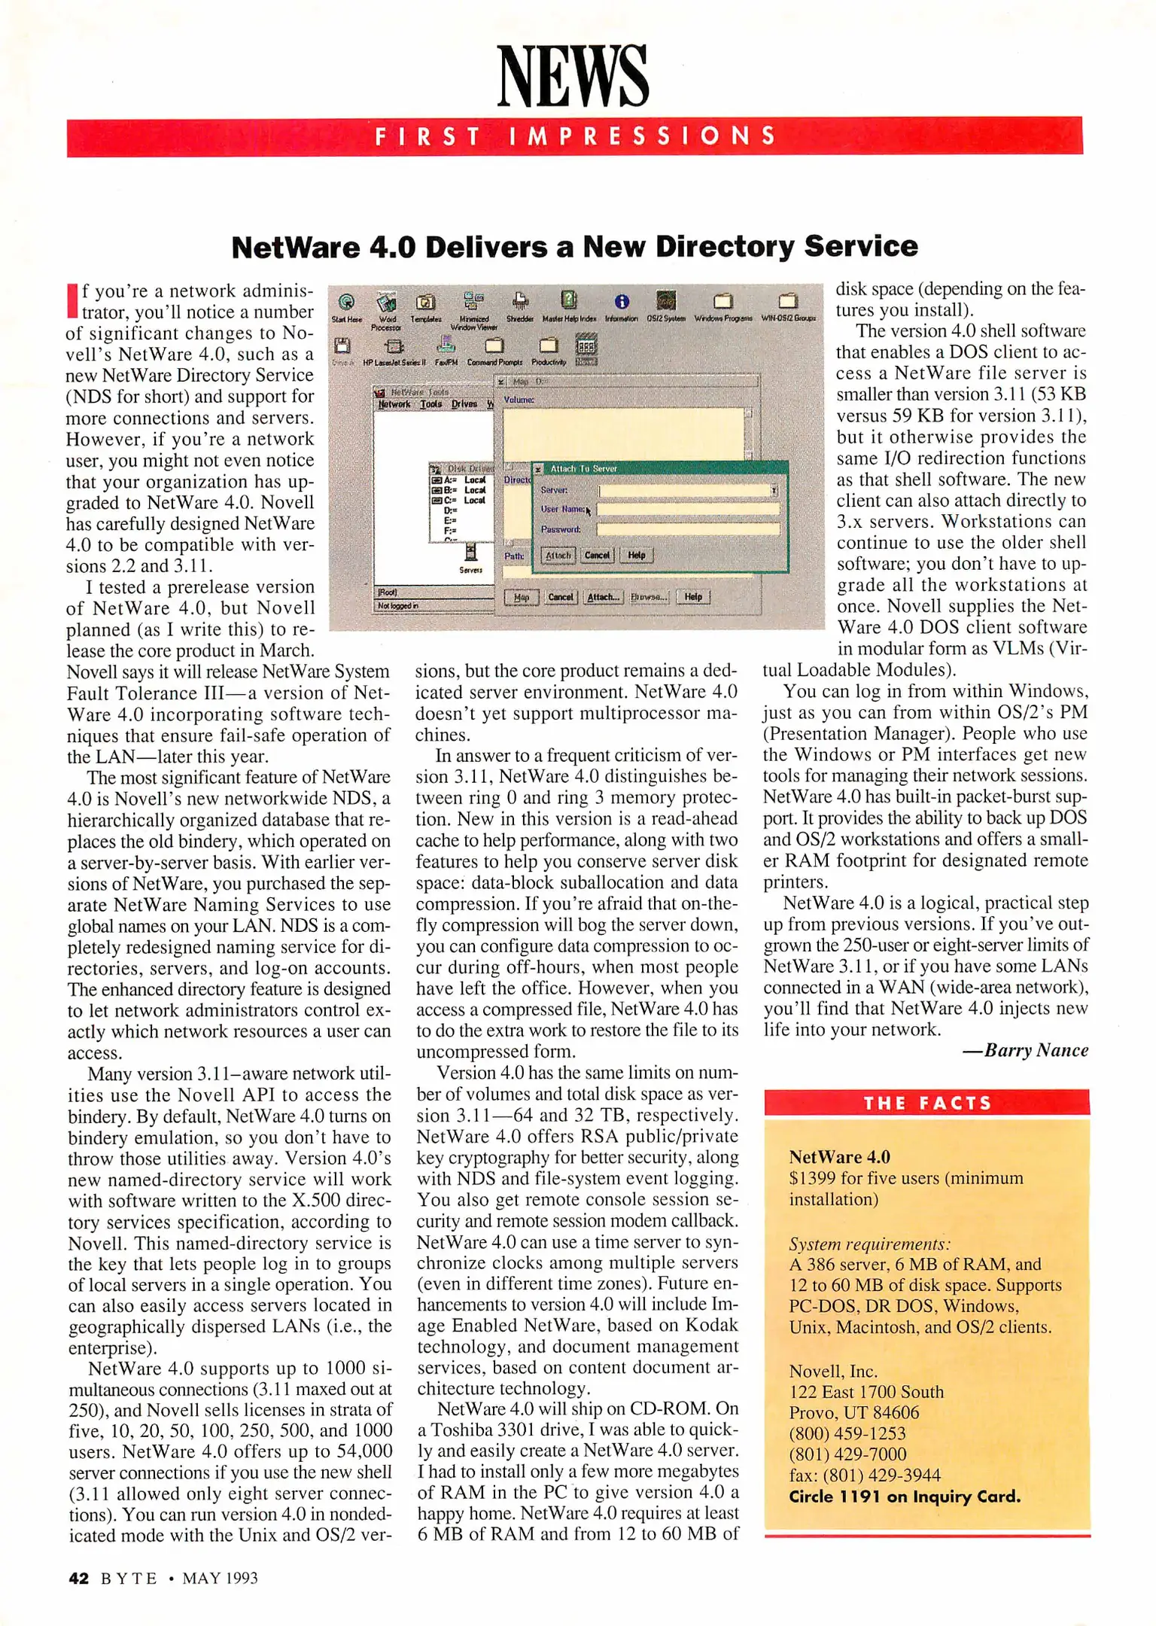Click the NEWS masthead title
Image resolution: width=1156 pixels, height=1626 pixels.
click(x=573, y=76)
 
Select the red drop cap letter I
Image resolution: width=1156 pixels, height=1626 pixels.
click(x=72, y=300)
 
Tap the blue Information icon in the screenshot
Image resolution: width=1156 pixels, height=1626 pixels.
click(x=622, y=303)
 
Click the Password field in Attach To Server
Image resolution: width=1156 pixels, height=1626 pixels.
click(x=688, y=529)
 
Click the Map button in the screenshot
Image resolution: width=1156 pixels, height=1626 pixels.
click(x=521, y=597)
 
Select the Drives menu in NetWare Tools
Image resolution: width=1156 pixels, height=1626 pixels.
click(x=464, y=404)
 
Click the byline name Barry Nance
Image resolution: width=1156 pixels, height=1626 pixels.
click(x=1036, y=1050)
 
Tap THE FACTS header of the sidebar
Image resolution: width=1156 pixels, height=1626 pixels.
click(x=927, y=1104)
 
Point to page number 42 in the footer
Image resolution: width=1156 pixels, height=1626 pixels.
click(x=78, y=1579)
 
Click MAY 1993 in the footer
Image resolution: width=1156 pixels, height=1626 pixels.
click(x=220, y=1579)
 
